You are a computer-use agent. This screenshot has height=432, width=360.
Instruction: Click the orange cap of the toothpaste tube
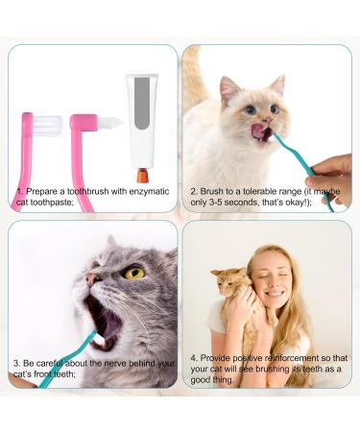pyautogui.click(x=143, y=176)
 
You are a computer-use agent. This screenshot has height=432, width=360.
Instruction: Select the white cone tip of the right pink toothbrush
pyautogui.click(x=108, y=123)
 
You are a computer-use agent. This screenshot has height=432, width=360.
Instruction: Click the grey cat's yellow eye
pyautogui.click(x=134, y=273)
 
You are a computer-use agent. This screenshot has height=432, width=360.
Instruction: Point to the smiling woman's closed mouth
pyautogui.click(x=272, y=300)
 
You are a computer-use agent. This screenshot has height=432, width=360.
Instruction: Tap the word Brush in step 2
pyautogui.click(x=211, y=190)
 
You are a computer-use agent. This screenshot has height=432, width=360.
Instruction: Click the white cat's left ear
pyautogui.click(x=229, y=88)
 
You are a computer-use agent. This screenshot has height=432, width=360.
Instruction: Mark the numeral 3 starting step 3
pyautogui.click(x=16, y=363)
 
